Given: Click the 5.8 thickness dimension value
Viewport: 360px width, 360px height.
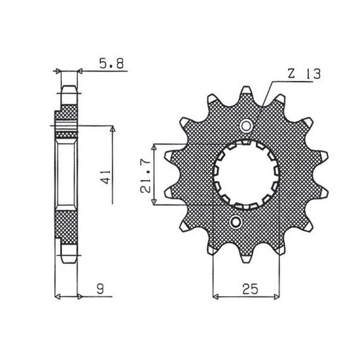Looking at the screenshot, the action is [112, 64].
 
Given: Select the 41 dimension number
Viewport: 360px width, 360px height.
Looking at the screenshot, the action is [106, 177].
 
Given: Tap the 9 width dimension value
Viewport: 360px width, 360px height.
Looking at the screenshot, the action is [100, 289].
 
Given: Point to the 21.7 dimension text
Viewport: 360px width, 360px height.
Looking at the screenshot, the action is [145, 176].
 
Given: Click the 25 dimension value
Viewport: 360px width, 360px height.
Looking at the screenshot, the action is [250, 289].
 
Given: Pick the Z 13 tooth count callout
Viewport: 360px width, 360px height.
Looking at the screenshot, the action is [304, 74].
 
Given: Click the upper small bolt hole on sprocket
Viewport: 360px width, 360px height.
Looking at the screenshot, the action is [246, 126].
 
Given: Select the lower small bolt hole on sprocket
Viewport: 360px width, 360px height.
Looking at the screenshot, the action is [236, 222].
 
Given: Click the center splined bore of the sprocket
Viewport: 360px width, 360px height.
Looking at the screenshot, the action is [246, 174].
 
